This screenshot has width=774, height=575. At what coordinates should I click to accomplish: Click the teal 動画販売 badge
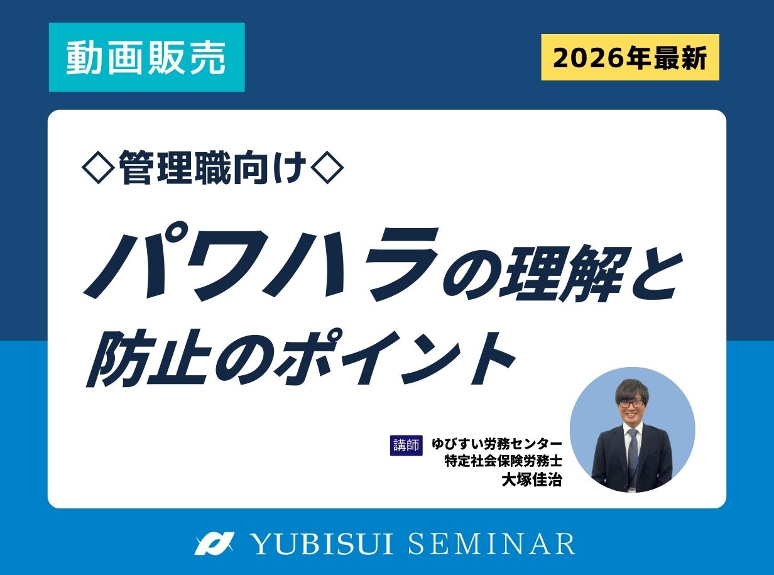[146, 58]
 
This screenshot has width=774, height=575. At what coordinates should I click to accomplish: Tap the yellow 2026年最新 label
[630, 58]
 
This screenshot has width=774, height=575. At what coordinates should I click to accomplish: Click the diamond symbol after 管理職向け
[329, 168]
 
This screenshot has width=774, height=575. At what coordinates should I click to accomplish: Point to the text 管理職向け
[214, 168]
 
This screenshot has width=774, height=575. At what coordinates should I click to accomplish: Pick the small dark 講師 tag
[406, 445]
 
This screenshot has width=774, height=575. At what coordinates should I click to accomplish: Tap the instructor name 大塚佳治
[531, 480]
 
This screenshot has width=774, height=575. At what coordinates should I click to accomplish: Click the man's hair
[631, 387]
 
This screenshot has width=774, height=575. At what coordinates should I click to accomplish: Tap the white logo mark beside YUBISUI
[214, 544]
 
